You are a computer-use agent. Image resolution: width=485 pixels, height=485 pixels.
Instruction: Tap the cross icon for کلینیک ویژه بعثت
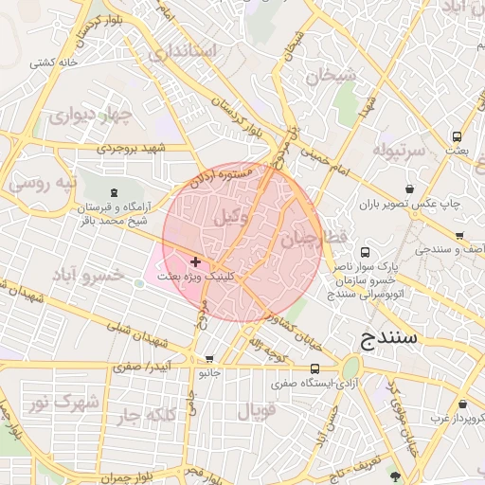(195, 261)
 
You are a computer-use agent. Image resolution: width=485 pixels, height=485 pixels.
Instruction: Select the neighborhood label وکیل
(231, 217)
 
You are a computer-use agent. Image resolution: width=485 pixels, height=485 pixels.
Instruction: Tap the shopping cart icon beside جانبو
(209, 359)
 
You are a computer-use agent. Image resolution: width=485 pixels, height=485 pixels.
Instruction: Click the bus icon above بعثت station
(458, 136)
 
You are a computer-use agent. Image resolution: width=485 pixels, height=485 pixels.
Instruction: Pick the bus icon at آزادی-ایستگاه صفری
(314, 368)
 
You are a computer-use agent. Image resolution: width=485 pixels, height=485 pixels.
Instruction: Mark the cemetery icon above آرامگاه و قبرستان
(115, 193)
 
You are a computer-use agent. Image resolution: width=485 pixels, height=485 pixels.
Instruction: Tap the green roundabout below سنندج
(351, 368)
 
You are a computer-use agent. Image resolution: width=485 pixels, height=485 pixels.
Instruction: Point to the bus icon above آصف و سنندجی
(458, 236)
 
